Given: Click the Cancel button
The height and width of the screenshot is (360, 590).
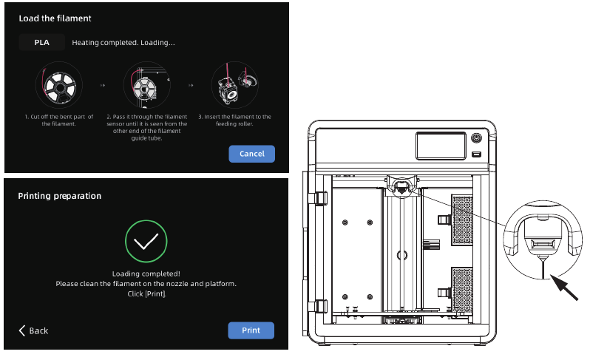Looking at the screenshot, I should [x=251, y=154].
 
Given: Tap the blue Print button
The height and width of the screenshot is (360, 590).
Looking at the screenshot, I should [x=251, y=330].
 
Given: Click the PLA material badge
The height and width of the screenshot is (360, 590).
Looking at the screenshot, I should [x=42, y=43].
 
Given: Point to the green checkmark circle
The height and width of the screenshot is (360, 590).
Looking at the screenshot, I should [x=146, y=240].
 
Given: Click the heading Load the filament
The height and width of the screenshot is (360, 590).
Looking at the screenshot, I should [x=50, y=18].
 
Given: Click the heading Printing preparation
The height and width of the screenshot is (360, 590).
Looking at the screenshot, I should [x=59, y=196].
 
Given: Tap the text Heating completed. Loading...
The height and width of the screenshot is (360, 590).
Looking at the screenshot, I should [x=123, y=43].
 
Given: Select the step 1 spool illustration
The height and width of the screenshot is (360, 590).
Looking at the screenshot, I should [x=58, y=86].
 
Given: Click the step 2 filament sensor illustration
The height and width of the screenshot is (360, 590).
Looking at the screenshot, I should [x=146, y=86].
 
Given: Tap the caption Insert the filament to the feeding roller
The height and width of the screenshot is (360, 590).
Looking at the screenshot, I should [x=234, y=120].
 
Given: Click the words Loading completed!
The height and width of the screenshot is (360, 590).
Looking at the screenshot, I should [x=146, y=274].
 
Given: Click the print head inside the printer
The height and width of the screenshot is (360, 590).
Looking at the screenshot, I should [x=400, y=186].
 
